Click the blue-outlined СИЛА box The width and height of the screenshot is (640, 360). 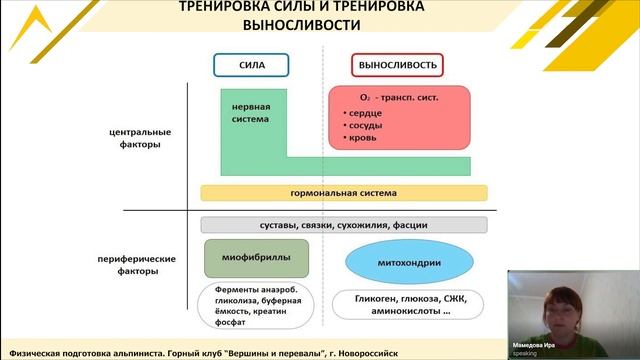[250, 64]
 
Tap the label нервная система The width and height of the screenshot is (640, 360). [250, 112]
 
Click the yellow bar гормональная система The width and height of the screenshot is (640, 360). [344, 192]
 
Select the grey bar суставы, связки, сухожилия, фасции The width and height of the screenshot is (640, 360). [344, 224]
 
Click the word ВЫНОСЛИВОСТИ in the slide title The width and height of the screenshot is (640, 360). [301, 26]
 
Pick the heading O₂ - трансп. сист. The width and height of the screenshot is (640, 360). [399, 98]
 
